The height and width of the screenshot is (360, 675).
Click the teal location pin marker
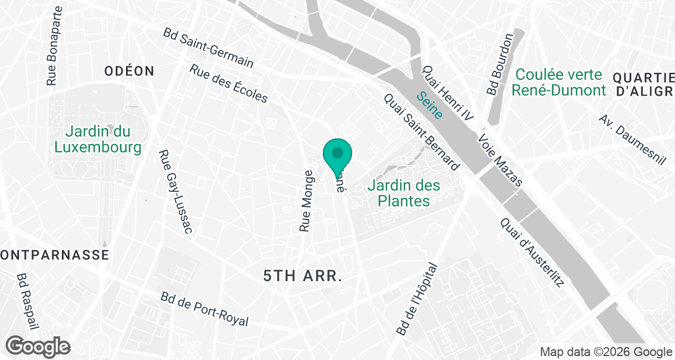(x=337, y=155)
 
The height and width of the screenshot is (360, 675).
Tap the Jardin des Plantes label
(x=404, y=193)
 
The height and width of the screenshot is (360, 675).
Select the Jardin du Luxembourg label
(x=97, y=139)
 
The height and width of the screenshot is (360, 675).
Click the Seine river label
(x=429, y=105)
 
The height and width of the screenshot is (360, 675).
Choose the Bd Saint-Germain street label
(x=208, y=48)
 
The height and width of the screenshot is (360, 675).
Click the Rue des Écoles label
(x=228, y=84)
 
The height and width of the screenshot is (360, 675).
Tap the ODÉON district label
(x=129, y=71)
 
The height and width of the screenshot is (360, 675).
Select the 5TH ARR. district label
(x=303, y=276)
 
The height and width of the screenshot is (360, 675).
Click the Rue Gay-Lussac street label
(x=175, y=191)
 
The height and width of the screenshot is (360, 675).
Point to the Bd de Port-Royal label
(x=204, y=309)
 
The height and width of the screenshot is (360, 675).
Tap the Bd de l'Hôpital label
(x=417, y=299)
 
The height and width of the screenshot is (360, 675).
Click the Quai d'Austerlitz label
(x=532, y=253)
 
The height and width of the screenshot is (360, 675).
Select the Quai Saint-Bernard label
(x=421, y=132)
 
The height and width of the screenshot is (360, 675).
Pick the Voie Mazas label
(x=500, y=161)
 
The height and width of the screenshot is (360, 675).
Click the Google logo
(x=38, y=346)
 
